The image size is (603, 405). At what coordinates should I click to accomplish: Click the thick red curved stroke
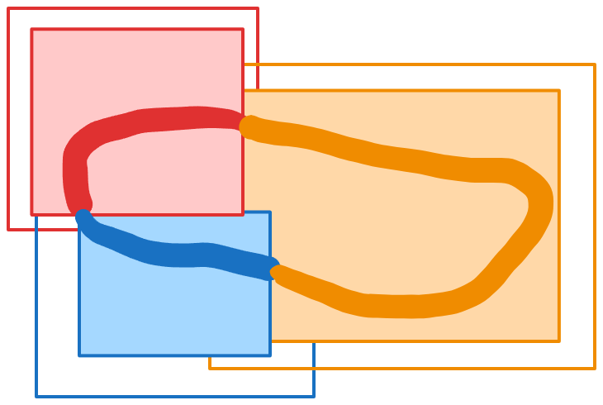(x=149, y=120)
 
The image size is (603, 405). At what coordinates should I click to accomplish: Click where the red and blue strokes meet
(x=82, y=210)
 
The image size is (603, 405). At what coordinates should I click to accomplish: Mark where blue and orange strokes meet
(x=274, y=270)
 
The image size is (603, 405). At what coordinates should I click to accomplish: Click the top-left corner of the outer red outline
(x=9, y=9)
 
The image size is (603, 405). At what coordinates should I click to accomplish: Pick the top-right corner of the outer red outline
(x=257, y=9)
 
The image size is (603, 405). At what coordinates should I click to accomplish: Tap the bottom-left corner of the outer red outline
(x=9, y=229)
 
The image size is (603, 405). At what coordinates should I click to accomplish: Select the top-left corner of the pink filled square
(x=32, y=30)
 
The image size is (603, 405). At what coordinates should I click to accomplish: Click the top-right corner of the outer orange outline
(x=594, y=64)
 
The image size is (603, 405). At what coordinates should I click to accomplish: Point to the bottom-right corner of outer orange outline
(x=594, y=368)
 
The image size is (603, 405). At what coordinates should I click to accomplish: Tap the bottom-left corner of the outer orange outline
(x=210, y=368)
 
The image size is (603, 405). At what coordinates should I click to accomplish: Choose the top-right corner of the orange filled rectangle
(x=558, y=91)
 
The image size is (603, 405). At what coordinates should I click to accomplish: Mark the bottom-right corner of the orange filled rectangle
(x=558, y=341)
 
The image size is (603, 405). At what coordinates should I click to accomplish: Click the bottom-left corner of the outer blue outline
(x=36, y=396)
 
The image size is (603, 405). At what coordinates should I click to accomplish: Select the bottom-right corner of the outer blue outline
(x=313, y=396)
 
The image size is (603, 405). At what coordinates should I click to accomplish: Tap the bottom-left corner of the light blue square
(x=80, y=355)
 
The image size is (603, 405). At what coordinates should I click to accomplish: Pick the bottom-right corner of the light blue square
(x=269, y=355)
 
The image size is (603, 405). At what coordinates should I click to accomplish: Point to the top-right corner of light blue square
(x=269, y=212)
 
